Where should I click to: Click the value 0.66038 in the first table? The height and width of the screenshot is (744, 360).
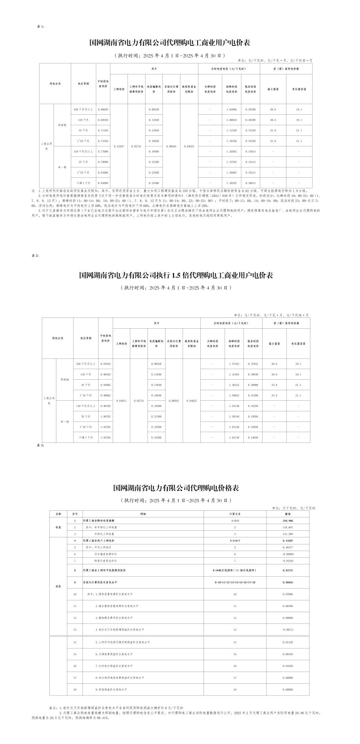(103, 110)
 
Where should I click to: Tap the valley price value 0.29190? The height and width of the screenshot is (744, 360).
(250, 110)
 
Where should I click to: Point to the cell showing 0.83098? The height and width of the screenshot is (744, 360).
(103, 183)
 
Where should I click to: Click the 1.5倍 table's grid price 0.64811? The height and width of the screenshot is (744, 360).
(121, 401)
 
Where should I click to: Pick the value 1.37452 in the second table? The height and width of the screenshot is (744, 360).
(234, 364)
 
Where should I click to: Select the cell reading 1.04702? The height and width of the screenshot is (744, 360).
(106, 437)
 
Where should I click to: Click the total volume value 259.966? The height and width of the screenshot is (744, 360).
(288, 521)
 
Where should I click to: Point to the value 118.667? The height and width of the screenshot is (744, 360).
(288, 527)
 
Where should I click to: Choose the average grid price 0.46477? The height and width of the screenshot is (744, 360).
(288, 547)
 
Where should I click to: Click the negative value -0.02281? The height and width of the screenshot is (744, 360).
(288, 560)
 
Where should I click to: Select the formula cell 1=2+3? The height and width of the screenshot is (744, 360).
(235, 521)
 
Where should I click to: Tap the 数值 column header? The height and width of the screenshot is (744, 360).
(288, 514)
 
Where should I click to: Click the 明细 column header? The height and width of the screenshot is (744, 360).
(143, 514)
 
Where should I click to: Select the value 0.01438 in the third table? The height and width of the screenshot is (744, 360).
(288, 643)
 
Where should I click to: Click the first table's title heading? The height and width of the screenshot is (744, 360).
(169, 43)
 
